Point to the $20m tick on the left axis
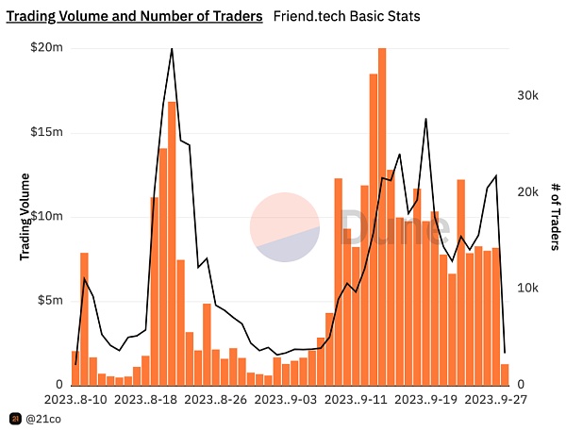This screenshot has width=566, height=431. tap(47, 48)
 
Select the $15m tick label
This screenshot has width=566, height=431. tap(47, 132)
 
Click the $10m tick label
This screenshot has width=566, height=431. tap(47, 217)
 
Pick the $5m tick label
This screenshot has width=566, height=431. tap(50, 301)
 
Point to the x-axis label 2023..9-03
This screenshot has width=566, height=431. tap(285, 399)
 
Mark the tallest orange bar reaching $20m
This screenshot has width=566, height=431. tap(382, 216)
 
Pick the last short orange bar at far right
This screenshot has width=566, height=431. tap(505, 374)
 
